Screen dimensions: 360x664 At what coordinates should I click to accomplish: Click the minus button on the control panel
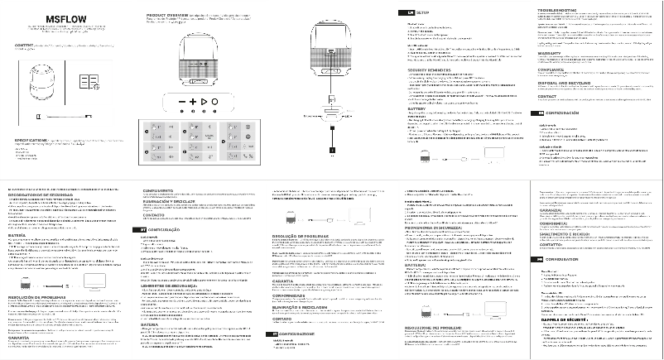tap(180, 101)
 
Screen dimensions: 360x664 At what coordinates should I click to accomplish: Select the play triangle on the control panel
tap(203, 101)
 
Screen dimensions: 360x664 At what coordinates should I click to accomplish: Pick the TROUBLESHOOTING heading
tap(559, 10)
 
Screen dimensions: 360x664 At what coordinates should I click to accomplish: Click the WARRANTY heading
tap(551, 54)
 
